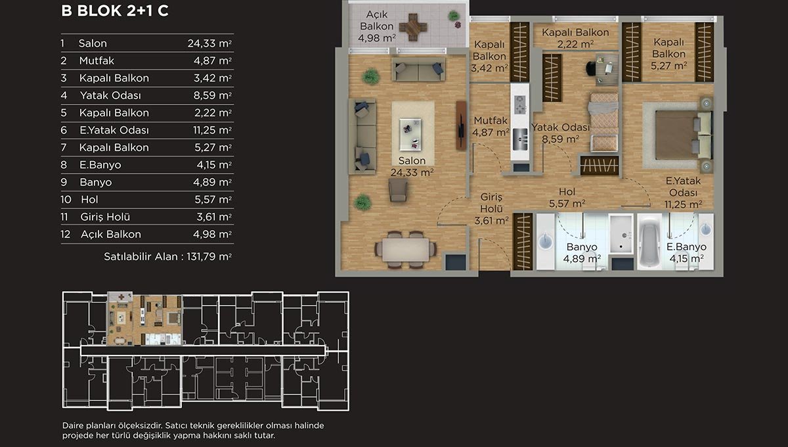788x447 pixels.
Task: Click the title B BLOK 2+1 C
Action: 115,11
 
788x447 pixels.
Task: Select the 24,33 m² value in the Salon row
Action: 209,43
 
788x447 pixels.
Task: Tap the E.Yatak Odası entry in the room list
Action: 114,130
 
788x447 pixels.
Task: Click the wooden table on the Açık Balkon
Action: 413,27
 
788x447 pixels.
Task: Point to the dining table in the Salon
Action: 406,249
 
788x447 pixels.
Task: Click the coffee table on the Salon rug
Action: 410,134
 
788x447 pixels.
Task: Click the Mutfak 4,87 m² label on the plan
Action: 491,126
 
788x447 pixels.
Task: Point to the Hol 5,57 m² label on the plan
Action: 567,198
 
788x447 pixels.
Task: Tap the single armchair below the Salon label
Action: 398,190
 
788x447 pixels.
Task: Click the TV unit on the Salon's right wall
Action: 461,125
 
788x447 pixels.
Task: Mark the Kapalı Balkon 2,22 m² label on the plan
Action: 575,38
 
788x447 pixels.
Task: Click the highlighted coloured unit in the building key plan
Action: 144,319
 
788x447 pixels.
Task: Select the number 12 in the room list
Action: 66,234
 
